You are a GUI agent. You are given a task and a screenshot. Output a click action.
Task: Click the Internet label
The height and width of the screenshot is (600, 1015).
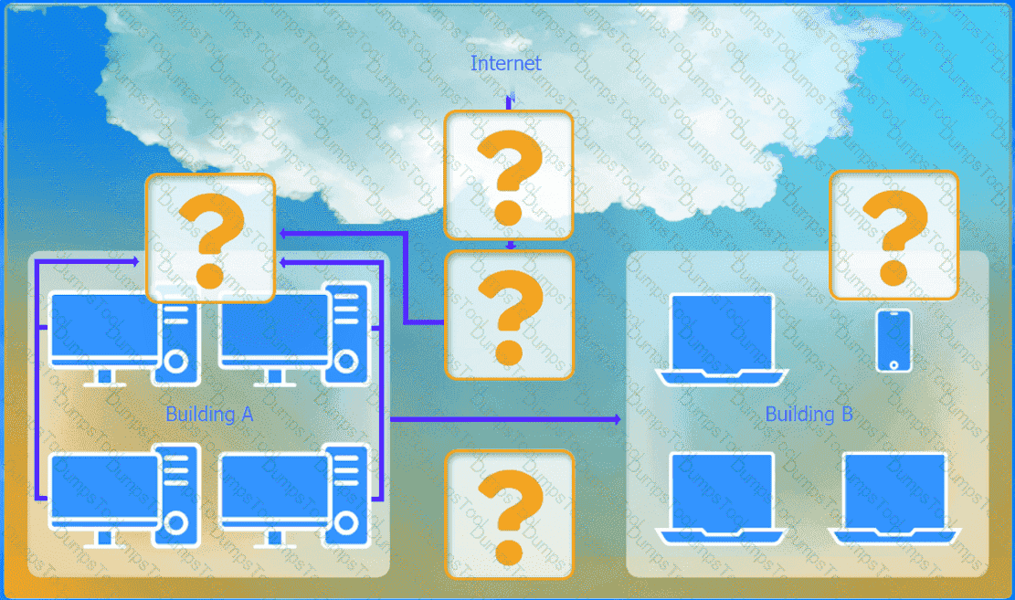coord(505,63)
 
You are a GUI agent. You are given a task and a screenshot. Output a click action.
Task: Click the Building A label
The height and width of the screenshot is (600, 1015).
coord(209,415)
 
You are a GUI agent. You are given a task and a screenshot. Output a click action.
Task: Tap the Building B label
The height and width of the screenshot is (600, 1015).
coord(809,415)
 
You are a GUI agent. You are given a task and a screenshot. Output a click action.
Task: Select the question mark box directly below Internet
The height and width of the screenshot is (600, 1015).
coord(508,174)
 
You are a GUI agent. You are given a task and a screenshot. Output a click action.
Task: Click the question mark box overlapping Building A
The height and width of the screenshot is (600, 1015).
coord(210,237)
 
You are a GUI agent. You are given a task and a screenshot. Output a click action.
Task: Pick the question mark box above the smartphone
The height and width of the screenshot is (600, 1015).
coord(894,235)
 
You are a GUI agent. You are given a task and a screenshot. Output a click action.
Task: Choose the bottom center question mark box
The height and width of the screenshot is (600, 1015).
coord(510,514)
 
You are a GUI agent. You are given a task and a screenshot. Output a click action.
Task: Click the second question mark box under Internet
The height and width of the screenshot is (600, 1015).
coord(510,314)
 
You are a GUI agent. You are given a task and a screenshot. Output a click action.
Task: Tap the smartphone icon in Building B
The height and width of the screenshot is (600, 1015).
coord(894,342)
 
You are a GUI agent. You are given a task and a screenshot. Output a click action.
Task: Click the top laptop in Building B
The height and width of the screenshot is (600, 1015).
coord(722,339)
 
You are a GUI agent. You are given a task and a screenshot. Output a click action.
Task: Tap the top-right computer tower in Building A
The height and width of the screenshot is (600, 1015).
coord(346,334)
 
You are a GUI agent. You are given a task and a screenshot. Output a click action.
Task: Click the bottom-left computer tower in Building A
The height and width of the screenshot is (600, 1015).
coord(176,495)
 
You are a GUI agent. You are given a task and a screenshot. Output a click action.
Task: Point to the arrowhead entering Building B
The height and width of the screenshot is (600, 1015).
coord(617,419)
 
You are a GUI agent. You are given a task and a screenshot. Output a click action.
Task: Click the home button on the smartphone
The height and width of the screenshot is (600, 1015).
coord(894,365)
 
